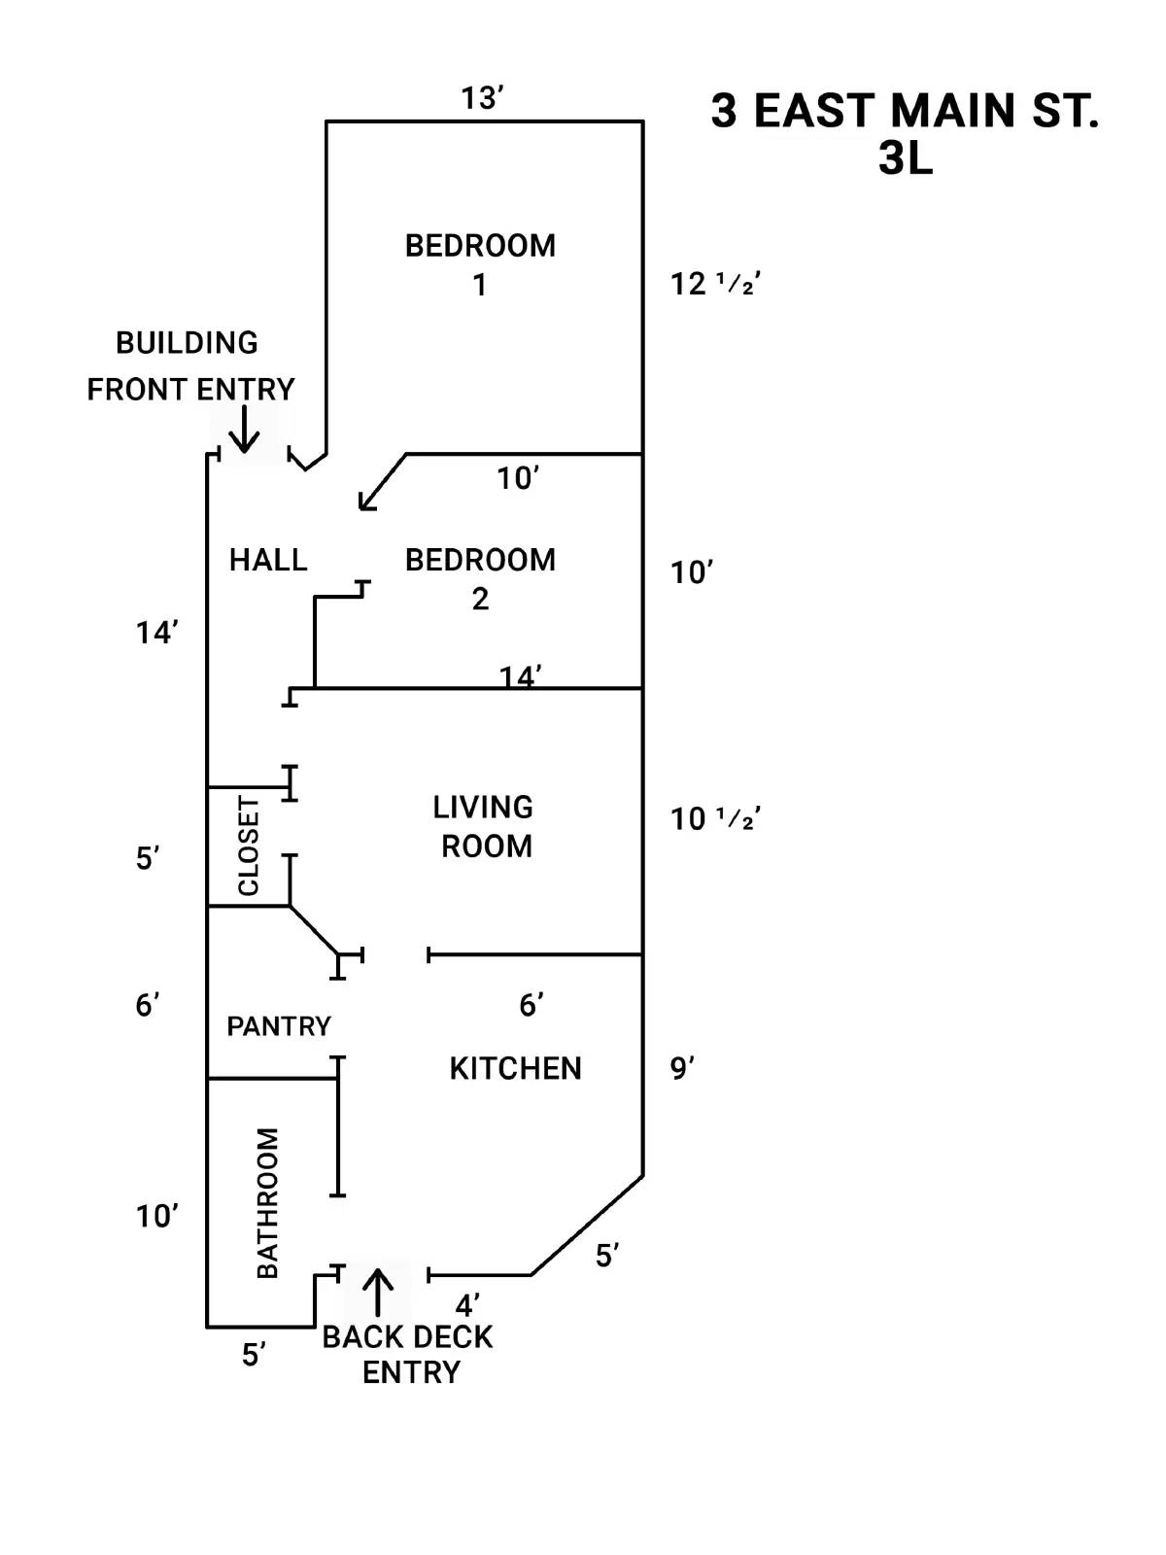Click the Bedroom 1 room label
tap(480, 264)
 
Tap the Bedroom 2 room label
tap(480, 578)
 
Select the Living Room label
tap(484, 826)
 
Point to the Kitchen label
tap(515, 1068)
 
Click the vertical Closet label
tap(249, 846)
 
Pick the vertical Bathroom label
tap(267, 1202)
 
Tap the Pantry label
tap(278, 1025)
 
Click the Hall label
tap(268, 560)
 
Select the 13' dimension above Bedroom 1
tap(482, 98)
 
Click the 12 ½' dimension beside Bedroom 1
tap(714, 284)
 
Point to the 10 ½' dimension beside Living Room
tap(714, 819)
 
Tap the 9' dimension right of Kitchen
tap(682, 1068)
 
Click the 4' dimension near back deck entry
tap(467, 1304)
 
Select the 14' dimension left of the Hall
tap(156, 633)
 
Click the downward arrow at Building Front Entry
tap(244, 430)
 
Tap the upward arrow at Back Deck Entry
tap(378, 1292)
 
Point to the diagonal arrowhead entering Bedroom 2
tap(365, 501)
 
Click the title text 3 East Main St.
tap(905, 111)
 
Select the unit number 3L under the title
tap(905, 159)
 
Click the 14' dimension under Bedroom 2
tap(521, 675)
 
